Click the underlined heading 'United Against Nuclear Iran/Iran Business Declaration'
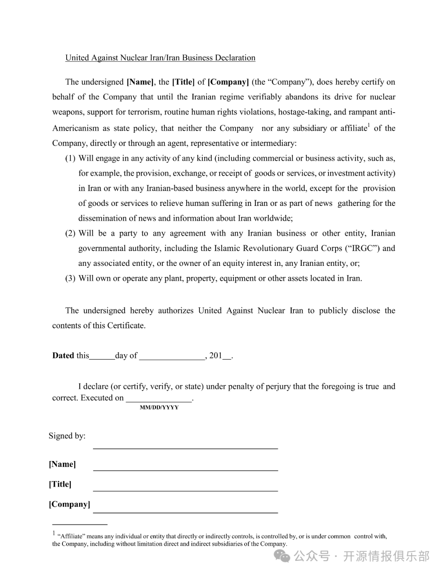[x=160, y=58]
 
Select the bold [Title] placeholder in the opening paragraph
[x=183, y=82]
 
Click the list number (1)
[x=70, y=158]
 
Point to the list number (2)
[x=70, y=233]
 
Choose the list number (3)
[x=70, y=278]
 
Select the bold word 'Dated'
[x=63, y=355]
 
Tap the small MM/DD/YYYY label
[x=159, y=407]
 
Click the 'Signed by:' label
[x=67, y=436]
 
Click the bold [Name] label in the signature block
[x=62, y=464]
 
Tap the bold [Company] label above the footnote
[x=69, y=504]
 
